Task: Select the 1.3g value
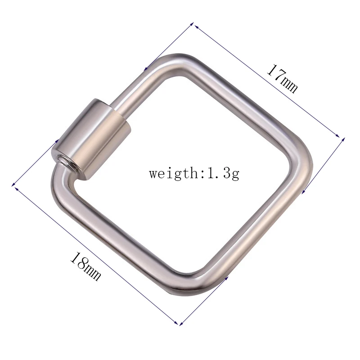click(x=223, y=173)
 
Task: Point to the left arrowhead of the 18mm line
click(x=13, y=185)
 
